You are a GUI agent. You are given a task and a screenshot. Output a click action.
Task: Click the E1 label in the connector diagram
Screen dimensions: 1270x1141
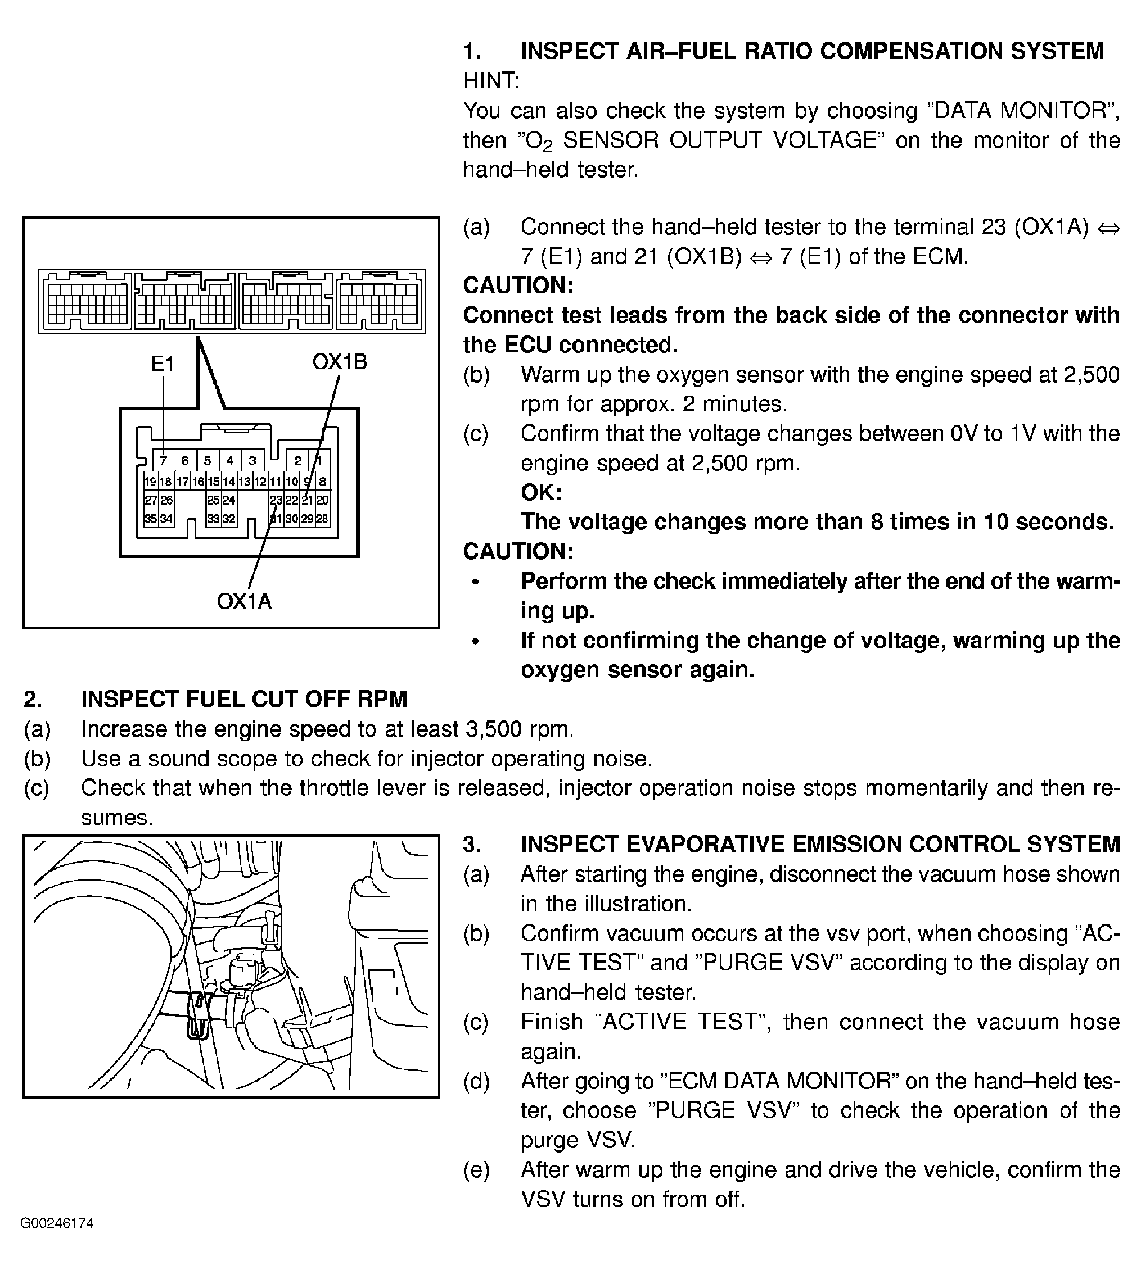[163, 364]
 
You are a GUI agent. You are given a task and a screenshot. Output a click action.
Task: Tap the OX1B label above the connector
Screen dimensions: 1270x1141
[339, 361]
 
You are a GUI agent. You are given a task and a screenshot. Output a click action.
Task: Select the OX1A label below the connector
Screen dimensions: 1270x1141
[244, 601]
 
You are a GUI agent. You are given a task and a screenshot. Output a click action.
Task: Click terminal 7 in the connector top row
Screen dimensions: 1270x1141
[163, 460]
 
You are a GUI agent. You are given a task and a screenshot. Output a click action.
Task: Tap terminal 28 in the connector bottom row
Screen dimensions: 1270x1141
[322, 519]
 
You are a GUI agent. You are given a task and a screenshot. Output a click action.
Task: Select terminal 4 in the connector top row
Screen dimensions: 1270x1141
[230, 460]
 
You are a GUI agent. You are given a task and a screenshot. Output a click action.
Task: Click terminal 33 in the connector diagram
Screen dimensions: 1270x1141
[214, 519]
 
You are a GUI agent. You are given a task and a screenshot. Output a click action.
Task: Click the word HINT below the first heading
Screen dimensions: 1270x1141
[491, 81]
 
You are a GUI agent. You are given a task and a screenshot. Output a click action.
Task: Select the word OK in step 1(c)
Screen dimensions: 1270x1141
[541, 492]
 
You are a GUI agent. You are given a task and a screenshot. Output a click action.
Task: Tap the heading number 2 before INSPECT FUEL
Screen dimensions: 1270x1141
[33, 699]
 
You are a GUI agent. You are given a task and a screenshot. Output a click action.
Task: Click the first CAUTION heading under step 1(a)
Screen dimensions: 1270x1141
[518, 285]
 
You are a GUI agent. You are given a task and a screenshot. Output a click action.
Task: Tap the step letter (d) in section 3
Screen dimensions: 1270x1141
[476, 1081]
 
